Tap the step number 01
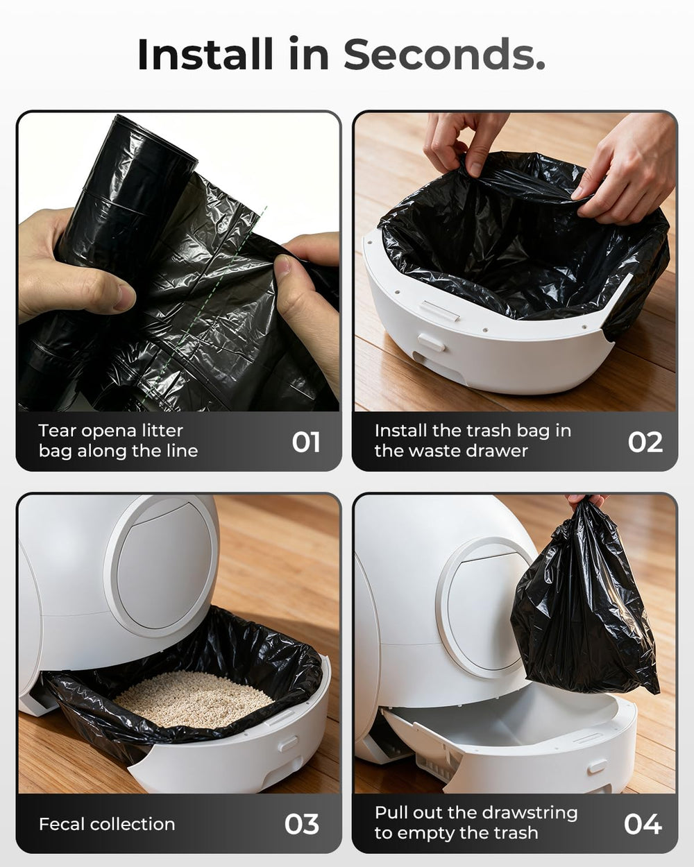point(305,442)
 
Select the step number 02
point(645,442)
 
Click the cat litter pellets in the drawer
point(194,699)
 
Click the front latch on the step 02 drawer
point(432,342)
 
